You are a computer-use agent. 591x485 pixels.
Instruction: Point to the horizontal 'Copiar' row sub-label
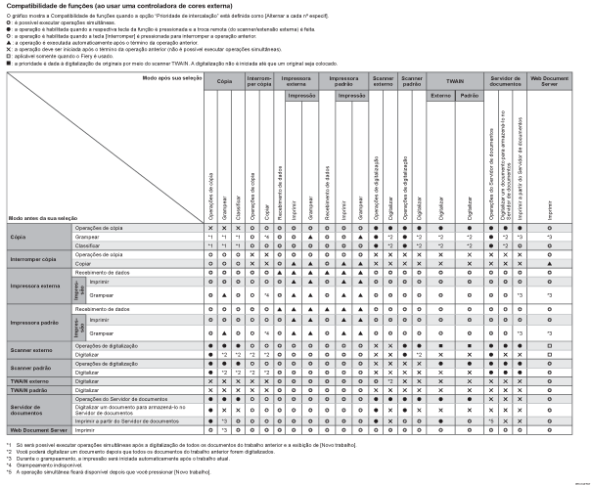[89, 262]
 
